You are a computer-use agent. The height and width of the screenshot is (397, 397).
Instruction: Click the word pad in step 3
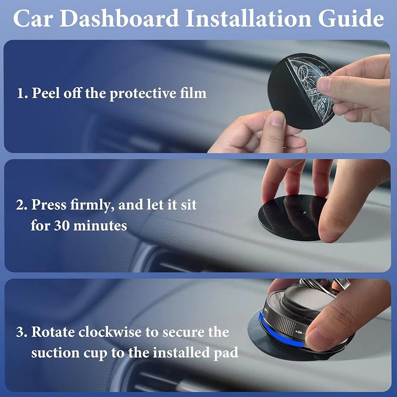pos(227,353)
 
